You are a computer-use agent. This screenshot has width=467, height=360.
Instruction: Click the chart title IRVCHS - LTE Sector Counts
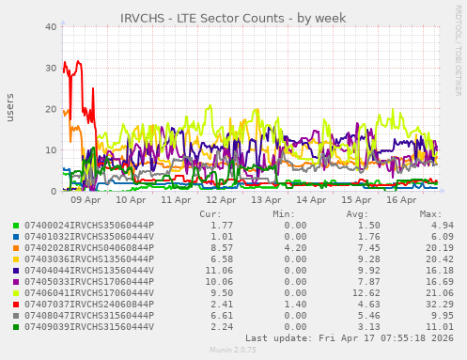click(x=233, y=18)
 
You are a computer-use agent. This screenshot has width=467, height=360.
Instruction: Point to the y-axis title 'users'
click(x=10, y=107)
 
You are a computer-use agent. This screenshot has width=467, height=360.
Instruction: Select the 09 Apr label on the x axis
click(x=86, y=199)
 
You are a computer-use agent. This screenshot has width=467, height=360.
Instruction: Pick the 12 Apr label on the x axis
click(x=221, y=199)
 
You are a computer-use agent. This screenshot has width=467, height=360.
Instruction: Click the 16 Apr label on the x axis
click(x=401, y=199)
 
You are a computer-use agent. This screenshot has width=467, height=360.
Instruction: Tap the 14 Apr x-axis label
click(x=311, y=199)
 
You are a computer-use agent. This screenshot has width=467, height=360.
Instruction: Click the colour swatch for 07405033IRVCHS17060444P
click(x=16, y=282)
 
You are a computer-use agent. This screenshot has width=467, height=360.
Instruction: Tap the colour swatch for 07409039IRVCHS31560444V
click(x=16, y=327)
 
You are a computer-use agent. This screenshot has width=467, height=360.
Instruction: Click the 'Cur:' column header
click(x=210, y=214)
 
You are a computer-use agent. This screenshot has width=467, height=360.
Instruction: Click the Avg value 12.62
click(x=358, y=293)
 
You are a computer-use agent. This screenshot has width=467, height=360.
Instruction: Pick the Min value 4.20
click(x=295, y=248)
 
